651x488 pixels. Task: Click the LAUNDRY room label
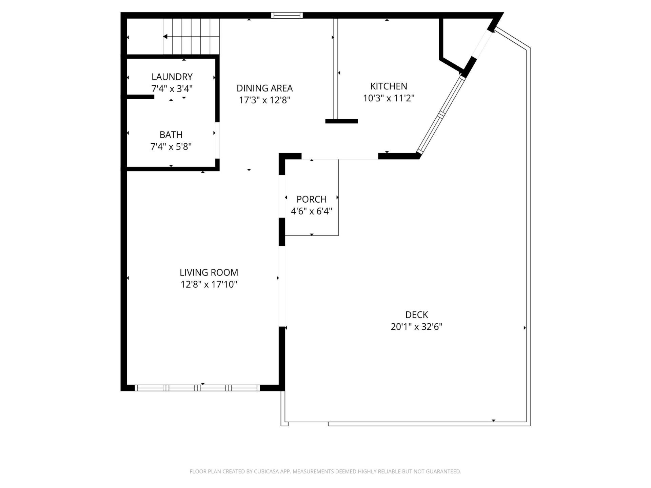point(172,77)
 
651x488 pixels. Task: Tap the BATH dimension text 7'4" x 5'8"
point(171,147)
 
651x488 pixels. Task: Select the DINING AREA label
point(264,88)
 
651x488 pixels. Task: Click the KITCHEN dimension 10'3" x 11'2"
point(389,98)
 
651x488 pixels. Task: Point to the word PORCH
point(311,199)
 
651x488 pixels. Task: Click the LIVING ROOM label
point(209,272)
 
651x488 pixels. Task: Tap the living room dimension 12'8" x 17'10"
point(209,284)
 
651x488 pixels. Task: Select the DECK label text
point(416,315)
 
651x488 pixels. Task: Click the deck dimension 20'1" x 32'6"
point(416,327)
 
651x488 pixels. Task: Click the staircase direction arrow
point(165,36)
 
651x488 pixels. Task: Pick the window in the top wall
point(287,15)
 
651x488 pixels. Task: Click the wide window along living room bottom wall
point(197,388)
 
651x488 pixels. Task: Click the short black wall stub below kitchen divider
point(341,121)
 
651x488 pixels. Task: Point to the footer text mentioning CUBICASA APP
point(325,471)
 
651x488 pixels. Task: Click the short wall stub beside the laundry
point(140,97)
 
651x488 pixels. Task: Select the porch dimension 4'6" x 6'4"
point(311,211)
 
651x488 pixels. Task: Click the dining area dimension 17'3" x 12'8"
point(264,100)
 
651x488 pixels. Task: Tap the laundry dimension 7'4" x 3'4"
point(172,89)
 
